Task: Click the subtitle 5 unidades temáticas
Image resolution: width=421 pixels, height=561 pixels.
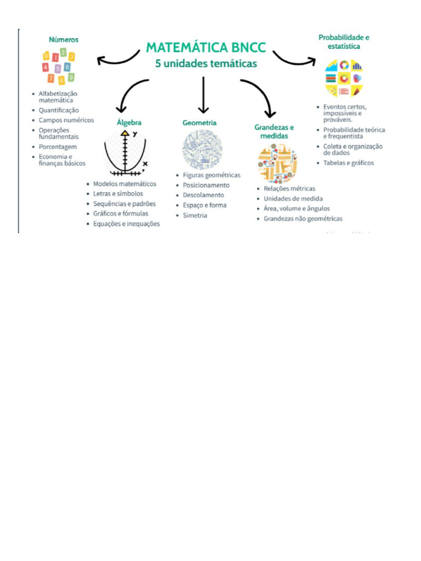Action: point(206,64)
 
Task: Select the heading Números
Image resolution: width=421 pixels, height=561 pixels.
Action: point(64,39)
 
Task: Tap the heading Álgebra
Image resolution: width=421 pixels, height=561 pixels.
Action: point(129,123)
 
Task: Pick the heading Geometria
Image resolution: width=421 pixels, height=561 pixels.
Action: point(200,123)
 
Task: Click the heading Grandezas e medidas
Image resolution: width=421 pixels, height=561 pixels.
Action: point(274,131)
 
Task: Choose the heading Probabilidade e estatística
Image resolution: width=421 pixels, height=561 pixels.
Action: point(344,42)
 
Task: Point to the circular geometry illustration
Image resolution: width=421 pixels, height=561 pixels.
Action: point(202,149)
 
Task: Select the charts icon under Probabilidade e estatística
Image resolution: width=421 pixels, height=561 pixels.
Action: point(344,78)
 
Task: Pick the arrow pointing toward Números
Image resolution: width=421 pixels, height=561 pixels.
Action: point(117,58)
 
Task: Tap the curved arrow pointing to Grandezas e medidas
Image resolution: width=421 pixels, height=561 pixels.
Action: point(260,96)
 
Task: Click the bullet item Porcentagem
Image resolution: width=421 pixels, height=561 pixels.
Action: point(58,147)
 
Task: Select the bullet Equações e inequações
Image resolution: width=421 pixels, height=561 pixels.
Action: point(126,224)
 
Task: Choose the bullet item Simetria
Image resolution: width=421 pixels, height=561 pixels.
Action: point(195,215)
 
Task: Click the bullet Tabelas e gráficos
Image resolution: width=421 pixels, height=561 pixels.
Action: point(349,163)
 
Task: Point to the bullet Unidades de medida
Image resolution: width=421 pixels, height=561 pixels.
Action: point(293,198)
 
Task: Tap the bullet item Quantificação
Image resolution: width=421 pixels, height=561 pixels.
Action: point(59,110)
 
